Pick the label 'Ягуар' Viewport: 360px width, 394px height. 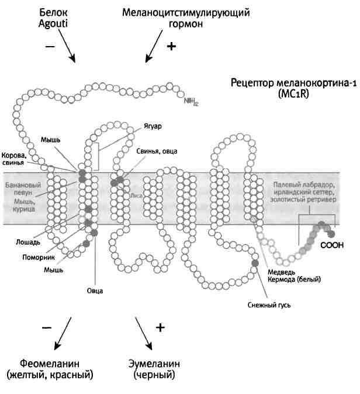click(x=153, y=126)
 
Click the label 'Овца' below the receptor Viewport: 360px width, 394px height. click(x=95, y=290)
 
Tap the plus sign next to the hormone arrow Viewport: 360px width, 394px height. click(x=171, y=47)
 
